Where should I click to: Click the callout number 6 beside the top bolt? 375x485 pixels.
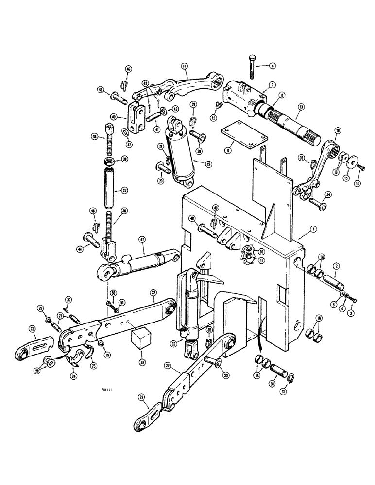point(273,65)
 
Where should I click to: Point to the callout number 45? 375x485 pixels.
point(100,89)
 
